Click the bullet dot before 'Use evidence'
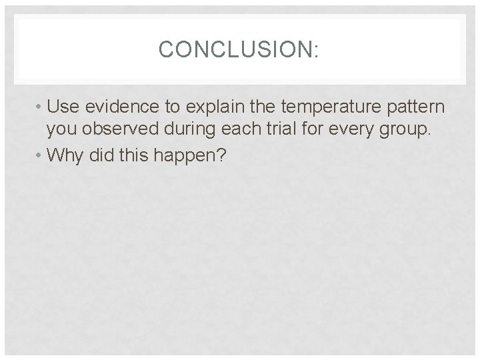tap(40, 107)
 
